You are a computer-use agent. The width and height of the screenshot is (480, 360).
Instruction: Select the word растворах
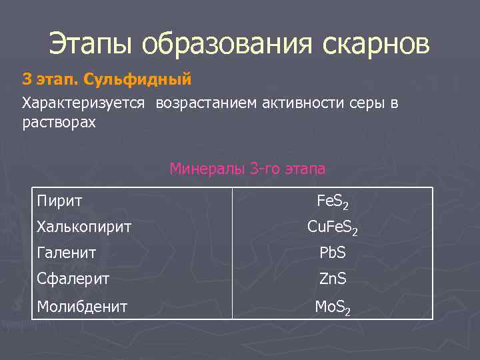coord(59,123)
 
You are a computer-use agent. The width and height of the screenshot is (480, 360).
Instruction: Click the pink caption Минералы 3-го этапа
coord(247,169)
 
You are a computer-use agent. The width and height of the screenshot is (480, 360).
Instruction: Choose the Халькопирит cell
coord(84,227)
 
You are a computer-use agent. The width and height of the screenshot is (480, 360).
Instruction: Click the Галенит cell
coord(67,253)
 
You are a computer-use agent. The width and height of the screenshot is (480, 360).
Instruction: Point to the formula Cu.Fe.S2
coord(332,228)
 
